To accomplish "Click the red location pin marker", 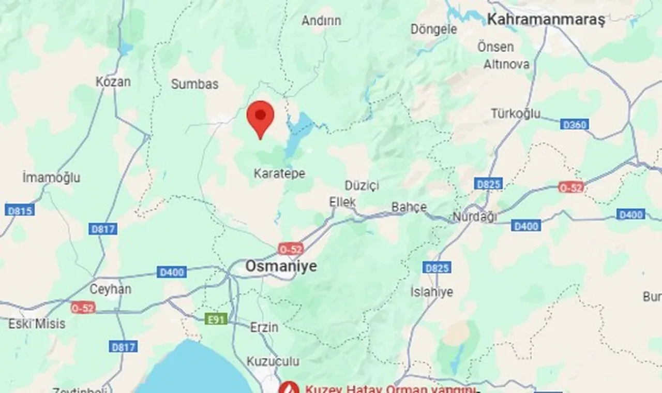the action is [x=260, y=117].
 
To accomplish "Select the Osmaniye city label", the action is [x=281, y=267].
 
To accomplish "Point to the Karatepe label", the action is [x=279, y=173].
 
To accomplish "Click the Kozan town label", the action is [x=113, y=82].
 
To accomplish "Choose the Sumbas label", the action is [x=195, y=84].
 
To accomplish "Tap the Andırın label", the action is [x=321, y=21].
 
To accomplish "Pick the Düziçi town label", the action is [x=362, y=185].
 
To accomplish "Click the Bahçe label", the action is [x=409, y=207].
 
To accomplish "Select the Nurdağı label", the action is [x=475, y=217].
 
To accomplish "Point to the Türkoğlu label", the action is [x=516, y=113].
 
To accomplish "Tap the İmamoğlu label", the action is [x=51, y=178].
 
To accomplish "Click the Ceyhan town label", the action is [x=111, y=289].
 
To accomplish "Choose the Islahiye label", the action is [x=432, y=292].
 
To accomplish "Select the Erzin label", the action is [x=264, y=327].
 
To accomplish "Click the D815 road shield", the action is [x=20, y=210].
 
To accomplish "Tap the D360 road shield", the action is [x=574, y=124].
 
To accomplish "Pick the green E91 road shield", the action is [x=216, y=319].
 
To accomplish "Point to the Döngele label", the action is [x=434, y=30].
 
